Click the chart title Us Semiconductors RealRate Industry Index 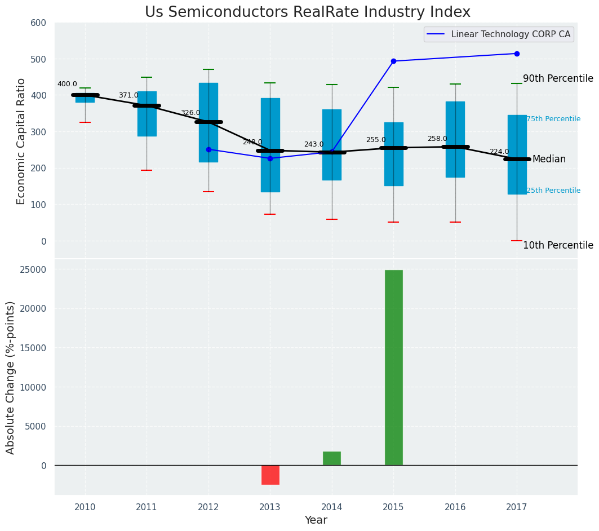pyautogui.click(x=307, y=12)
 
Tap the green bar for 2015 pyautogui.click(x=393, y=367)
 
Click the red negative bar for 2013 pyautogui.click(x=270, y=475)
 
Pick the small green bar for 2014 pyautogui.click(x=331, y=458)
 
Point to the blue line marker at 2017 pyautogui.click(x=517, y=54)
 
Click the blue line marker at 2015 pyautogui.click(x=393, y=61)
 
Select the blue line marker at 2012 pyautogui.click(x=208, y=149)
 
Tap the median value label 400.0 pyautogui.click(x=67, y=84)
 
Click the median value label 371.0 pyautogui.click(x=128, y=95)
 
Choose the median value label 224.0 pyautogui.click(x=499, y=152)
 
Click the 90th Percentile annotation pyautogui.click(x=558, y=78)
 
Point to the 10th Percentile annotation pyautogui.click(x=558, y=245)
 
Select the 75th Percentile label pyautogui.click(x=553, y=119)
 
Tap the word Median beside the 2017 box pyautogui.click(x=549, y=160)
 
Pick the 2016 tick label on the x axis pyautogui.click(x=455, y=507)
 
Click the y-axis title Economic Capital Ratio pyautogui.click(x=21, y=141)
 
